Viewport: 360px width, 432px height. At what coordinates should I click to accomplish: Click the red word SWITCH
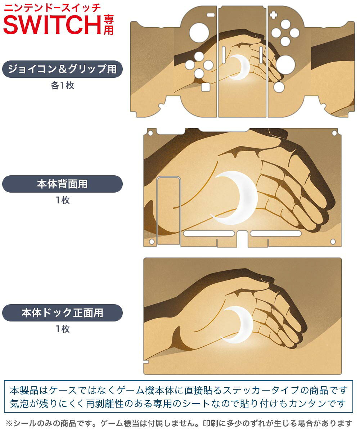click(52, 24)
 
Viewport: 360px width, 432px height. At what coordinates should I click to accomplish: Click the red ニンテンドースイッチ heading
click(52, 8)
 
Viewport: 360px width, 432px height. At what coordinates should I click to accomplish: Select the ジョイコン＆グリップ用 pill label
click(62, 69)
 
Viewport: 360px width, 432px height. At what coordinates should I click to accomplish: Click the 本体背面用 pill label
click(62, 184)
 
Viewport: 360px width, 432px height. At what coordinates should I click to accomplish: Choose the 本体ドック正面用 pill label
click(62, 312)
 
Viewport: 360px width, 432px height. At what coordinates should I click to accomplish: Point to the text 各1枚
click(63, 85)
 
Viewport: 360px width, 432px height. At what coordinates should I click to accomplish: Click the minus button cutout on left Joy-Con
click(211, 15)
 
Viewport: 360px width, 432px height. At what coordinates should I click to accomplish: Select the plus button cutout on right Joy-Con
click(274, 15)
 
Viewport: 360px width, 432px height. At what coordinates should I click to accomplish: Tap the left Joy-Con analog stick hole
click(199, 33)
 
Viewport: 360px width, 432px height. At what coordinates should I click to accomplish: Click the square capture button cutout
click(206, 87)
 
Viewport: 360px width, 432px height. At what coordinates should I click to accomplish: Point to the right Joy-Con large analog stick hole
click(285, 65)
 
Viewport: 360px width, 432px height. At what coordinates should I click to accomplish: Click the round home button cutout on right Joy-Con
click(279, 87)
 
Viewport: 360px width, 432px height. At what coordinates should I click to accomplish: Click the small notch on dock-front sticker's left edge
click(146, 362)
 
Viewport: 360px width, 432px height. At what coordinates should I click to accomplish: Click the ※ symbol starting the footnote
click(9, 423)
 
